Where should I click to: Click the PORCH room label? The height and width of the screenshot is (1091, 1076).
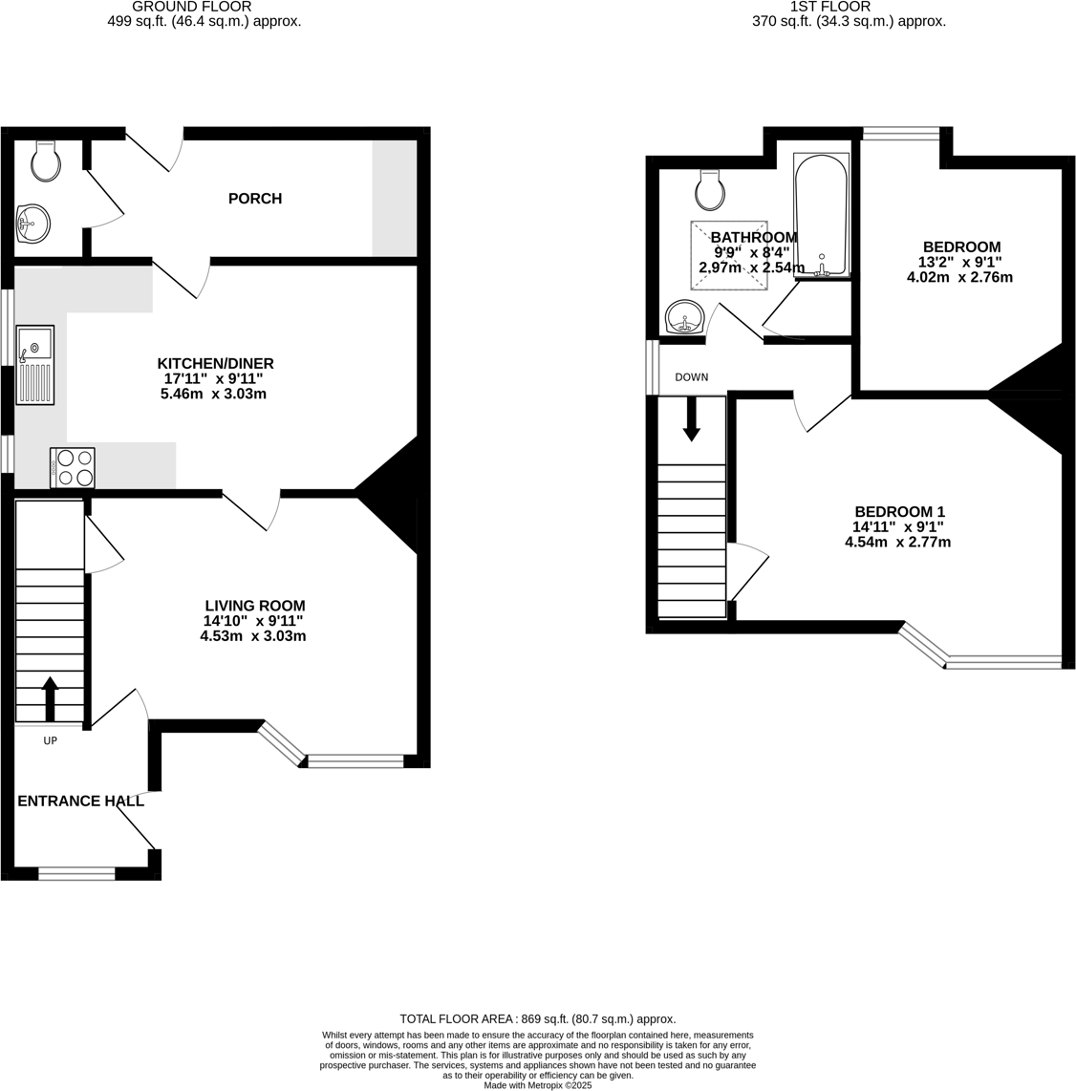click(255, 199)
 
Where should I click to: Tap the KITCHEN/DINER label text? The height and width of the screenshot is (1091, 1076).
click(215, 363)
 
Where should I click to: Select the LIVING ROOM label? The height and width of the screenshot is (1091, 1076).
click(255, 606)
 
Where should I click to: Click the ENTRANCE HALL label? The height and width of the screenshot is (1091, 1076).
click(80, 801)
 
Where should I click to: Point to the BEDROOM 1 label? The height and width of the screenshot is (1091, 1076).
click(898, 512)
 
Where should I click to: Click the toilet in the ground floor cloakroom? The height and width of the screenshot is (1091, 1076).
click(46, 161)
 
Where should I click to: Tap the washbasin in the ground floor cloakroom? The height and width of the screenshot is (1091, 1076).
click(33, 224)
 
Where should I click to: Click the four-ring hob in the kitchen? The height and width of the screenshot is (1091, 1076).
click(73, 467)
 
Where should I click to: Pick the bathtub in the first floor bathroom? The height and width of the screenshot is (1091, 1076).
click(821, 214)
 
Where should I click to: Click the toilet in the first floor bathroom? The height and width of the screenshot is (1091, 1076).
click(710, 190)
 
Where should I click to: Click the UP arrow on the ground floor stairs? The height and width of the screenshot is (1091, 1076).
click(49, 697)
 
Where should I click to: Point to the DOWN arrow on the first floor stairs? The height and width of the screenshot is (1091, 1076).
click(692, 417)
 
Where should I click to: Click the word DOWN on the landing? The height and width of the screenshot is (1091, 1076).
click(692, 377)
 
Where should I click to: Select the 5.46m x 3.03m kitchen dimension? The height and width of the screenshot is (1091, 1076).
click(213, 394)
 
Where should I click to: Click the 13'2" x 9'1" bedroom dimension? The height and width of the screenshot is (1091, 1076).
click(959, 262)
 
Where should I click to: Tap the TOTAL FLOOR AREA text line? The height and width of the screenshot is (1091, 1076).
click(537, 1019)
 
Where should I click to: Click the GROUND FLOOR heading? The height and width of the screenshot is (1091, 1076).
click(205, 7)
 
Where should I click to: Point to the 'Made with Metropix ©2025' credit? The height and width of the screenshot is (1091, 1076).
click(538, 1085)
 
